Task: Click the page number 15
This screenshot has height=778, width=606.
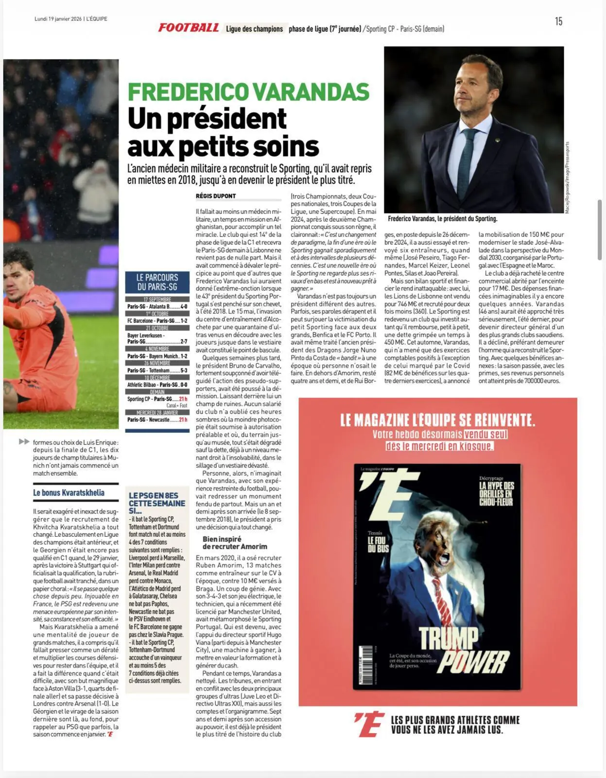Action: coord(558,21)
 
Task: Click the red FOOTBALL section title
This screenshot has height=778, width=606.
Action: coord(189,28)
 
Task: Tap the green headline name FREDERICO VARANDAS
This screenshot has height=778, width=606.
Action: coord(248,92)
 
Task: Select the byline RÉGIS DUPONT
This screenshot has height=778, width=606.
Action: coord(216,196)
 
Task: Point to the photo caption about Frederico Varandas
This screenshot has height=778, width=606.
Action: coord(442,219)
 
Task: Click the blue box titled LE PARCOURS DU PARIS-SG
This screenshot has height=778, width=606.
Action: coord(157,282)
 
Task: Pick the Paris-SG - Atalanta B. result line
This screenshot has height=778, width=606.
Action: coord(157,307)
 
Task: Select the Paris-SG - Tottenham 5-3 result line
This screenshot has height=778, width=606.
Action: coord(157,371)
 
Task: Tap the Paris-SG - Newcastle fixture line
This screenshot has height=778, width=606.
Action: coord(157,420)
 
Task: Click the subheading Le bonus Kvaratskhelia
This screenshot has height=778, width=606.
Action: coord(69,493)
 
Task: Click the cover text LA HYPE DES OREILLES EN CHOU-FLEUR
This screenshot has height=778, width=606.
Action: coord(496,494)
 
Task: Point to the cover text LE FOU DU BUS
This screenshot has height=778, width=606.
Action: coord(378,544)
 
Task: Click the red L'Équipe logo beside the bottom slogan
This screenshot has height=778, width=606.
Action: coord(369,725)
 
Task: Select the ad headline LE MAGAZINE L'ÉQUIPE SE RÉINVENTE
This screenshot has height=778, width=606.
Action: coord(437,420)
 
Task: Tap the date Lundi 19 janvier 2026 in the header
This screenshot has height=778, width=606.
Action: coord(58,19)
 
